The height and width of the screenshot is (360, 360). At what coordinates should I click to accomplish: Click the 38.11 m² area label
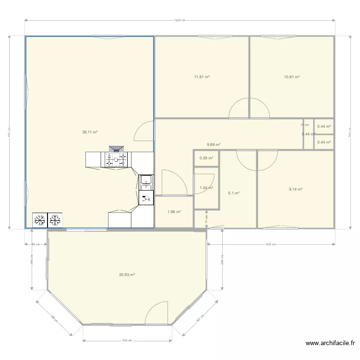[90, 132]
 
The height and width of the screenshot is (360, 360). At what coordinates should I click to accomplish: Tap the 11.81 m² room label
[202, 76]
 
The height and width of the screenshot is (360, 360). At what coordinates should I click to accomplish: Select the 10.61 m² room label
[292, 76]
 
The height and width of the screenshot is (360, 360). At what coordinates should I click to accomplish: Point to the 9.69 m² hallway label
[214, 144]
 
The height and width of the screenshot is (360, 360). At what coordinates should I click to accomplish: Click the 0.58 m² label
[206, 158]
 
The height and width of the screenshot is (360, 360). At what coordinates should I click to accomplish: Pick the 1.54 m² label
[206, 188]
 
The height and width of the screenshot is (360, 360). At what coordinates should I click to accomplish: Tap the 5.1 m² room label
[234, 193]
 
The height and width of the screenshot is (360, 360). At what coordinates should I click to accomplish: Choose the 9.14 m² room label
[296, 189]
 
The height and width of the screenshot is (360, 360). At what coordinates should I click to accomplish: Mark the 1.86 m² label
[174, 212]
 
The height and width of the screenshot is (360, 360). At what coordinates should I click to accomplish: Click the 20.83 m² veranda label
[127, 275]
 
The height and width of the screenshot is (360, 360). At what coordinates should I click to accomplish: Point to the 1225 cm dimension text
[180, 20]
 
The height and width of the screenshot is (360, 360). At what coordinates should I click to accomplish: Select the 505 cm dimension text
[271, 244]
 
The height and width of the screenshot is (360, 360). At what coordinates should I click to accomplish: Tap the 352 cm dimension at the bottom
[127, 340]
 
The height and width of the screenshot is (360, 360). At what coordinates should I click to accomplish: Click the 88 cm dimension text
[36, 244]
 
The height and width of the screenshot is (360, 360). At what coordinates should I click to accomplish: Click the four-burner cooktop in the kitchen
[116, 160]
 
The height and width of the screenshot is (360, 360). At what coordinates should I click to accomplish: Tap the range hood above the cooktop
[116, 149]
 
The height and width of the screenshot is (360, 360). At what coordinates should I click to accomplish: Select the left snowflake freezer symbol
[40, 220]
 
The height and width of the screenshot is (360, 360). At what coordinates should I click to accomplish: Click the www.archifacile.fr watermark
[330, 343]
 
